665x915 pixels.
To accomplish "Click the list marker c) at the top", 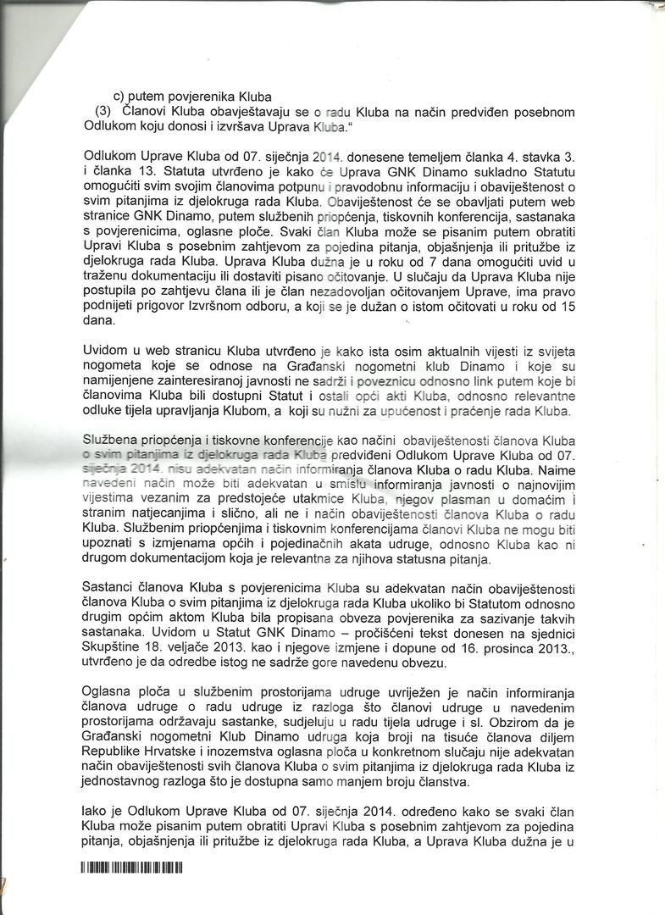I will pos(119,97).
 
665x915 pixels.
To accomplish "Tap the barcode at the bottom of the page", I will pos(132,868).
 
